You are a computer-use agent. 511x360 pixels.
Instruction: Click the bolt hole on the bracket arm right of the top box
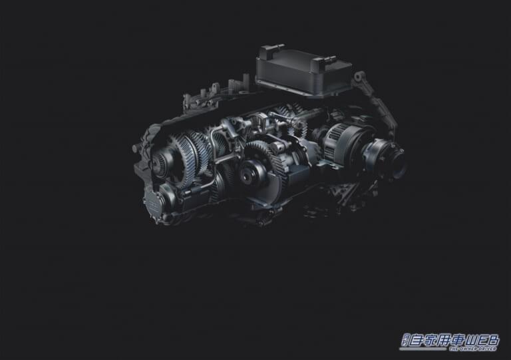[x=359, y=77]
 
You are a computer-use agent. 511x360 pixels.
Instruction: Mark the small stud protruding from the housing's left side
[x=136, y=146]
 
